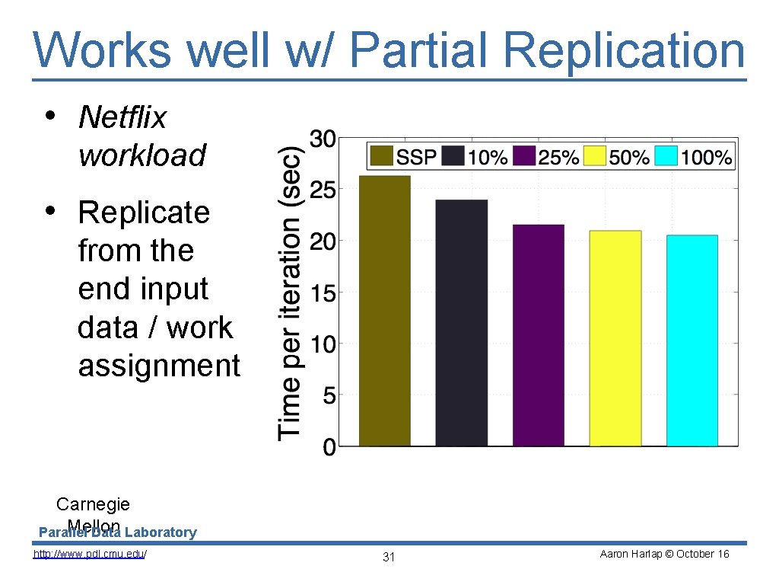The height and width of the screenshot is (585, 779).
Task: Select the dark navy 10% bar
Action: point(462,323)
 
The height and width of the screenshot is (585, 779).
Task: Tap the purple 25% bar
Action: point(539,335)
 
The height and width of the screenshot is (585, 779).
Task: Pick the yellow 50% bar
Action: point(615,338)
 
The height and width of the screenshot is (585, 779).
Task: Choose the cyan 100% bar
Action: point(692,340)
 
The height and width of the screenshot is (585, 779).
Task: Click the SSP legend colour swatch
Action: point(383,157)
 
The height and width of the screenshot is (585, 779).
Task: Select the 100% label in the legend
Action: point(707,158)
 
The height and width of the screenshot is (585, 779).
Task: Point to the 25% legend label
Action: point(559,158)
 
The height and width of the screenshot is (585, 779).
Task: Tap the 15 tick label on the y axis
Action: point(322,292)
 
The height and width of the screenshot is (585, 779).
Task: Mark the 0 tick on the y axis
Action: point(329,447)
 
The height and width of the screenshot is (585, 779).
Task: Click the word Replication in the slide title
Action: point(624,50)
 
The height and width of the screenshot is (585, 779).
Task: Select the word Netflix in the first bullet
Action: point(122,117)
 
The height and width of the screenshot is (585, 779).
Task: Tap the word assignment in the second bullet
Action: point(159,366)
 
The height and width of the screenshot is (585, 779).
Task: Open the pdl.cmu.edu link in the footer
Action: point(90,555)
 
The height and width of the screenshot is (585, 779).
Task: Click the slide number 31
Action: point(389,558)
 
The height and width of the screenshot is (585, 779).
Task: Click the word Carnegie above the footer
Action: point(93,504)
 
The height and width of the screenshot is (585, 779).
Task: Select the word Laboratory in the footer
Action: point(161,532)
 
